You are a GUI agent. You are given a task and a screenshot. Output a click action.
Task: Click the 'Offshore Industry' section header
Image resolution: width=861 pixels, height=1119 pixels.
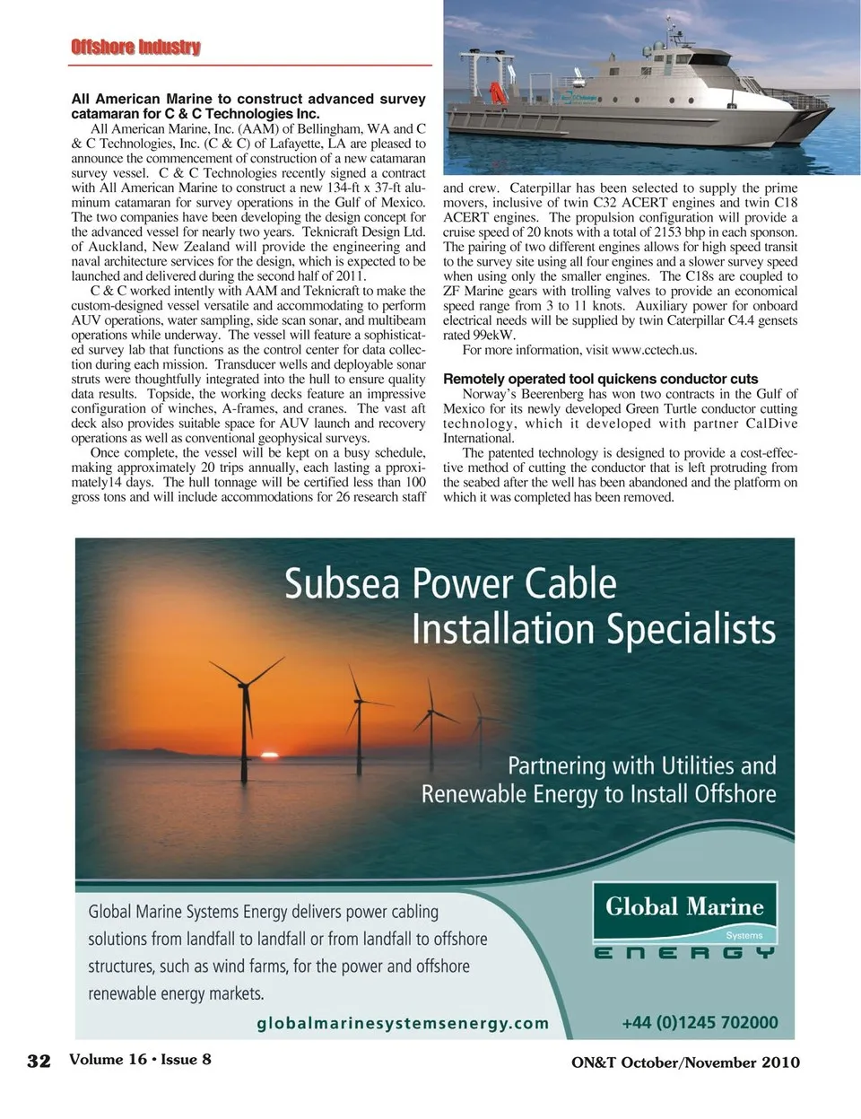(135, 47)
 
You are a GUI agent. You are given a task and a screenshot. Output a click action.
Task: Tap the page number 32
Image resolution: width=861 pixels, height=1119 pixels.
(39, 1061)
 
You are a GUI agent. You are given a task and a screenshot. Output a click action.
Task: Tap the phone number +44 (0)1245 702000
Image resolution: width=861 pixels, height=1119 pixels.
(700, 1023)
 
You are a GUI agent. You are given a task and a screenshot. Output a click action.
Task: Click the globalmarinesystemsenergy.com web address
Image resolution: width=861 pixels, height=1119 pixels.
(403, 1023)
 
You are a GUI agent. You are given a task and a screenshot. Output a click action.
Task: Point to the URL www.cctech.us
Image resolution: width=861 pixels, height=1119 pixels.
(654, 350)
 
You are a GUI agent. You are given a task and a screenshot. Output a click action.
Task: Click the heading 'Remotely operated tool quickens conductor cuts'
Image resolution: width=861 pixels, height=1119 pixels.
(600, 379)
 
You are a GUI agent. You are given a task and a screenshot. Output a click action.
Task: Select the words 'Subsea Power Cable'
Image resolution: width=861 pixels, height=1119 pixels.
(450, 584)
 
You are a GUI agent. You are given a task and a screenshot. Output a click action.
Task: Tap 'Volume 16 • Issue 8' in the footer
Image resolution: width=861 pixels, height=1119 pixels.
(140, 1059)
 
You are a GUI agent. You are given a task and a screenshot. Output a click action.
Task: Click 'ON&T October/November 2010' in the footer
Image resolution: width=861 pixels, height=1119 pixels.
(685, 1062)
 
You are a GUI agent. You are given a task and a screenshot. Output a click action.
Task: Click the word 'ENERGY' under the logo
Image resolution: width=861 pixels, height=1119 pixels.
(684, 953)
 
